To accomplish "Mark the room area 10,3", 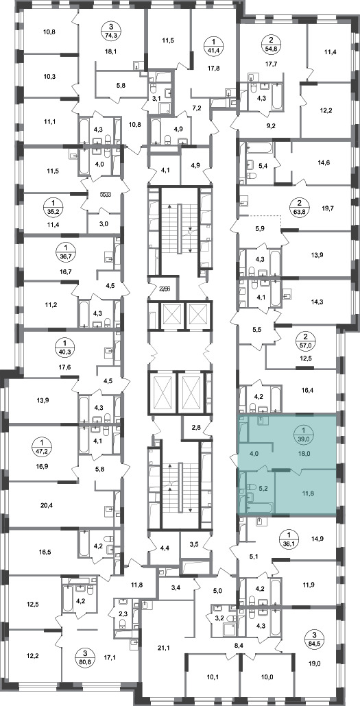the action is point(49,75).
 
